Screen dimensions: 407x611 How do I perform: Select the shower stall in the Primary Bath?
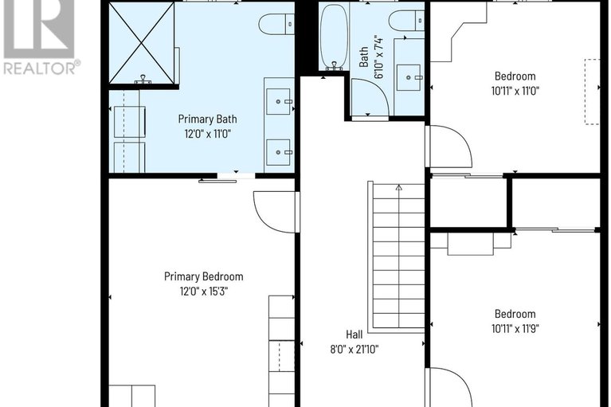tap(142, 43)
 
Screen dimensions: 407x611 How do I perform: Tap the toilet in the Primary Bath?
tap(276, 24)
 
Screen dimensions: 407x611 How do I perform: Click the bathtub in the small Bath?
tap(333, 37)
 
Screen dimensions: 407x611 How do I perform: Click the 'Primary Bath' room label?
tap(207, 119)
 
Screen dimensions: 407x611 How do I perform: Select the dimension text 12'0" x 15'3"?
tap(203, 292)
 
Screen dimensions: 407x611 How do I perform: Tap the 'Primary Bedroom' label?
tap(203, 276)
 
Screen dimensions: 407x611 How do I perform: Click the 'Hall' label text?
tap(354, 335)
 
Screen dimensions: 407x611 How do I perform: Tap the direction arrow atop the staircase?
tap(398, 187)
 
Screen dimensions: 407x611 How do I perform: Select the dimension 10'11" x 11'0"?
tap(514, 92)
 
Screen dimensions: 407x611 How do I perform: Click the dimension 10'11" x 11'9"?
tap(514, 328)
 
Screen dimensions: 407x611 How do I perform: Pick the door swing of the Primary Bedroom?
tap(275, 212)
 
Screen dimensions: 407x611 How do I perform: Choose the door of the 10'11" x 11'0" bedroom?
tap(448, 147)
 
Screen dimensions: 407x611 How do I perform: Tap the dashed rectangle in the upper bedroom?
tap(591, 91)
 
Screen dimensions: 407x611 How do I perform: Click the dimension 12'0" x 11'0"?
tap(207, 134)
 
